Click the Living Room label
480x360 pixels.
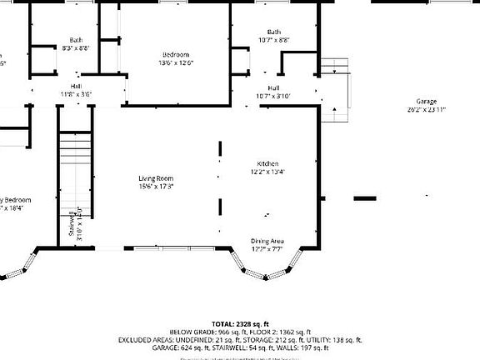coord(156,178)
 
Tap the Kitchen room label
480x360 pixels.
coord(267,164)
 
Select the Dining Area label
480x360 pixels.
coord(267,242)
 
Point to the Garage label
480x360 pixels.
coord(426,102)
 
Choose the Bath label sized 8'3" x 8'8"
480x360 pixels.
coord(76,40)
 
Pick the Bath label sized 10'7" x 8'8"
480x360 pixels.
coord(273,32)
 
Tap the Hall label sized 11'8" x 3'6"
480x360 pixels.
coord(76,87)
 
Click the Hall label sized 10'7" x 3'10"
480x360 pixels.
coord(273,87)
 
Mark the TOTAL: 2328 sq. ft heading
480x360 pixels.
coord(239,323)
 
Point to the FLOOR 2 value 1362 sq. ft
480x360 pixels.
coord(291,332)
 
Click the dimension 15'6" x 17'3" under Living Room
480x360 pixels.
coord(156,187)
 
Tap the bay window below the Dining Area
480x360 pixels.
coord(267,268)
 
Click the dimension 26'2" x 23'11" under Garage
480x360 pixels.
coord(426,109)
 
